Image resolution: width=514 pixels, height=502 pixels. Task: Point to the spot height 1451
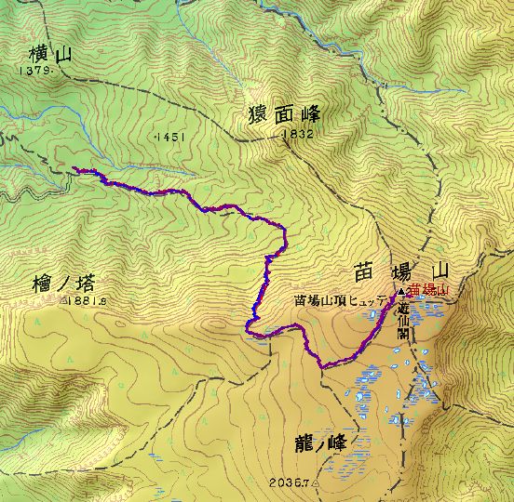click(170, 136)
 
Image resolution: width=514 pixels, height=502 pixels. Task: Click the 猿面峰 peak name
click(285, 115)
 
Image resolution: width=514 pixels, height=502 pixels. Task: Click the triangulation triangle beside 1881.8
click(62, 300)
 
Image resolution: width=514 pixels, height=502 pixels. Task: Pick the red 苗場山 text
click(429, 291)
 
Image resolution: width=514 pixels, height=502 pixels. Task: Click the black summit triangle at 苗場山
click(401, 291)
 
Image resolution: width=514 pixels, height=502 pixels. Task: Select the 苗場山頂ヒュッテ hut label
click(344, 300)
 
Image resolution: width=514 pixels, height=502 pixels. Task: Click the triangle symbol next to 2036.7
click(316, 483)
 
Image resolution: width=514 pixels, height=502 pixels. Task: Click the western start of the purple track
click(74, 168)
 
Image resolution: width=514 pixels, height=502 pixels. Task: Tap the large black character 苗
click(364, 271)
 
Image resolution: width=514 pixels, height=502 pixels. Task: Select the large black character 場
click(403, 271)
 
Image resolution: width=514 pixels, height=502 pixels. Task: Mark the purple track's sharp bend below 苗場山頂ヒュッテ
click(325, 367)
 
